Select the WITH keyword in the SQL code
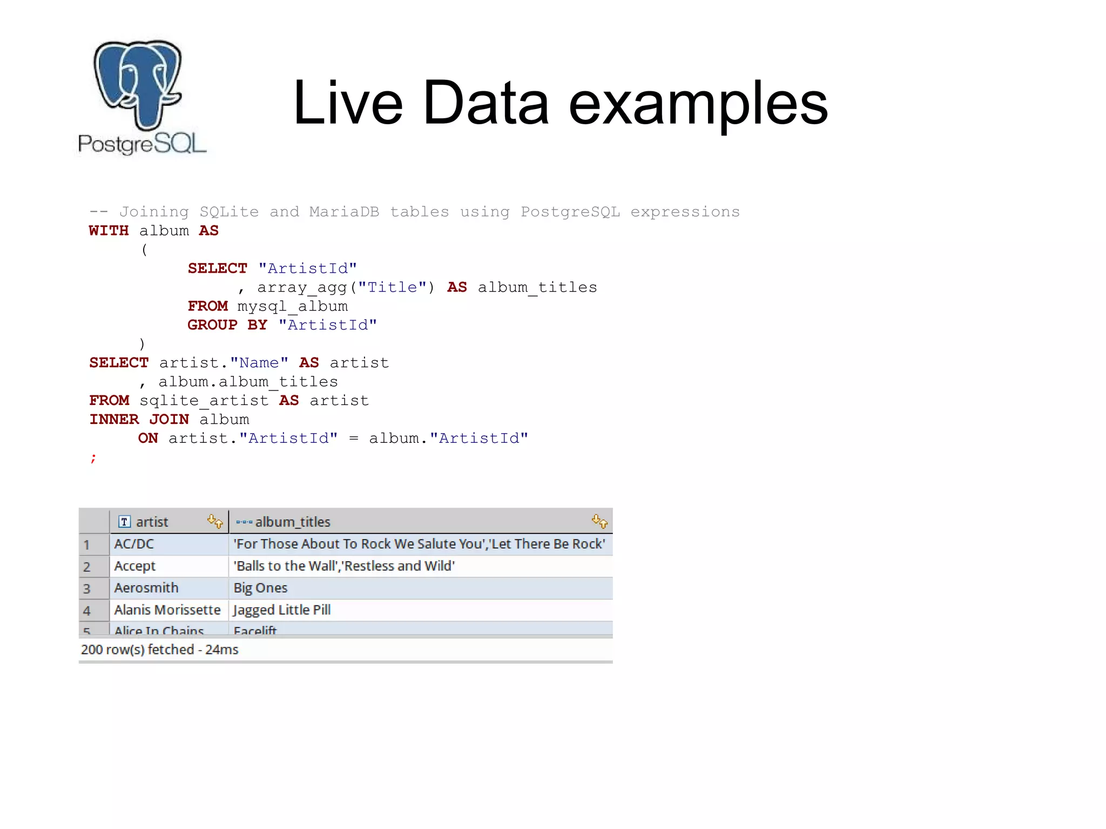tap(109, 231)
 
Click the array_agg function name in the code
tap(301, 288)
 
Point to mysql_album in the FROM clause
tap(292, 307)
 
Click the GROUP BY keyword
tap(227, 325)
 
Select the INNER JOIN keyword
tap(139, 420)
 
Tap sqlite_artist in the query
tap(204, 401)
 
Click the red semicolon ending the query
tap(93, 458)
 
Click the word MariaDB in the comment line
tap(343, 212)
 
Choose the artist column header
tap(152, 522)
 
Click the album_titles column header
tap(293, 522)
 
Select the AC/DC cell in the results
tap(134, 544)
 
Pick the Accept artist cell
tap(134, 567)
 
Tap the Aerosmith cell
tap(146, 588)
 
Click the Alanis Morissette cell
tap(167, 610)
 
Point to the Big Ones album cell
tap(260, 588)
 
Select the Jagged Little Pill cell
tap(281, 610)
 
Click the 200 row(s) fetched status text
tap(159, 650)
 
